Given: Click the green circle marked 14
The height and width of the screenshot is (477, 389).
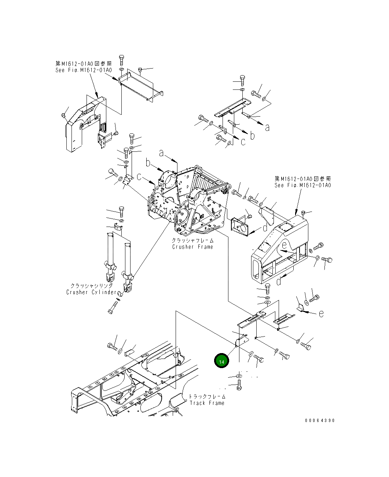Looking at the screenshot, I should pos(221,361).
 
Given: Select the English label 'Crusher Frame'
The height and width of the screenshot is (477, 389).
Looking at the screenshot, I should pos(192,247).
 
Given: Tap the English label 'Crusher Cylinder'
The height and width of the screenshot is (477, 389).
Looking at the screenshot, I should pos(92,292).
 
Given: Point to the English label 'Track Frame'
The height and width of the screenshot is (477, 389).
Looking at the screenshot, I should pos(207,403).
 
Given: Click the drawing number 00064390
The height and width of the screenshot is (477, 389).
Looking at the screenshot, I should pos(319,421).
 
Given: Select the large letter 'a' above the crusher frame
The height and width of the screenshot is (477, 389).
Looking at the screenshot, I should pos(162,154).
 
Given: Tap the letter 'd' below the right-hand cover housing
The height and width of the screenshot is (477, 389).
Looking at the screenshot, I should pos(279,281).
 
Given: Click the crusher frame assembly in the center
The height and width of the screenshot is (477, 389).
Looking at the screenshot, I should pos(187,205).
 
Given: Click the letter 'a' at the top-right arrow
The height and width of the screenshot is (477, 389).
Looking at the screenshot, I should pos(268,128).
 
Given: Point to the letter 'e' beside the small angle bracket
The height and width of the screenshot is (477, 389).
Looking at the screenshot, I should pos(321,314).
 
